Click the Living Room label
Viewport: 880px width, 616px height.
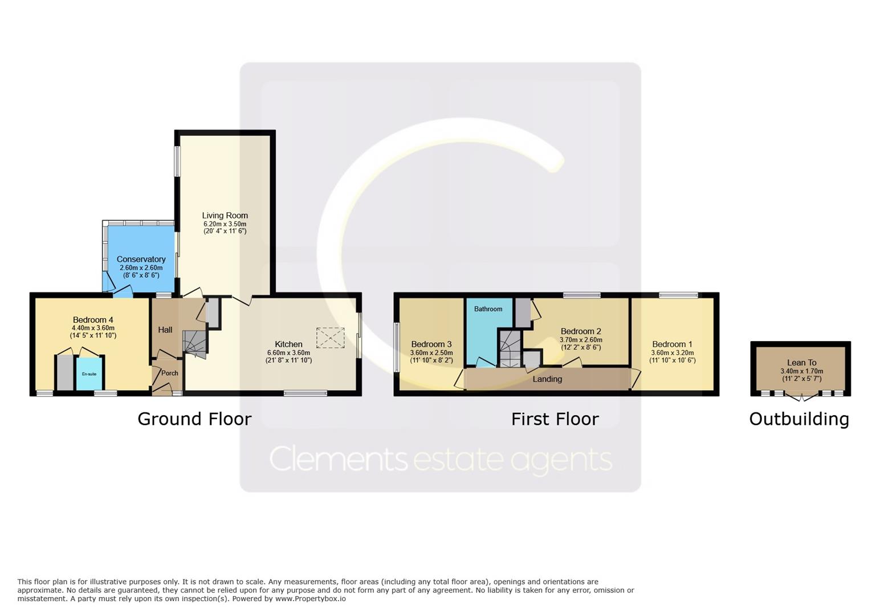click(225, 216)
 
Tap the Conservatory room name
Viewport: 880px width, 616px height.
click(141, 260)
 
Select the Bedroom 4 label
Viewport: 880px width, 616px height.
click(93, 320)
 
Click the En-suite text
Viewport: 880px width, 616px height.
click(89, 374)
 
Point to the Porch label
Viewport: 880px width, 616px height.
click(170, 373)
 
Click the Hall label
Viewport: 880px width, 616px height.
click(165, 330)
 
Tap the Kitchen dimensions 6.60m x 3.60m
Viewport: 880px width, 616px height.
click(289, 352)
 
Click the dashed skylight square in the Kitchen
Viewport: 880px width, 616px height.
click(331, 338)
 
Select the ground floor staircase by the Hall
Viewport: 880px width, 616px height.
click(195, 344)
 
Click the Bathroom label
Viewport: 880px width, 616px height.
click(488, 309)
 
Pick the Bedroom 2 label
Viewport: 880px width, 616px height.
click(581, 331)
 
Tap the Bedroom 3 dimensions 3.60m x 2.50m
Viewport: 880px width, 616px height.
click(431, 352)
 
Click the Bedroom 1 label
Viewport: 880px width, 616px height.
click(672, 345)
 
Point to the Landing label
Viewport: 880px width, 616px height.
click(547, 379)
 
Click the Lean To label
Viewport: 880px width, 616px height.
click(801, 363)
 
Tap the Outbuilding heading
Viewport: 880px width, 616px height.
click(799, 419)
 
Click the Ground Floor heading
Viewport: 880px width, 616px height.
click(194, 419)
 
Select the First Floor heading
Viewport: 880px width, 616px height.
click(555, 419)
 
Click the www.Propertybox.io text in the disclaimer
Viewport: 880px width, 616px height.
click(311, 599)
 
